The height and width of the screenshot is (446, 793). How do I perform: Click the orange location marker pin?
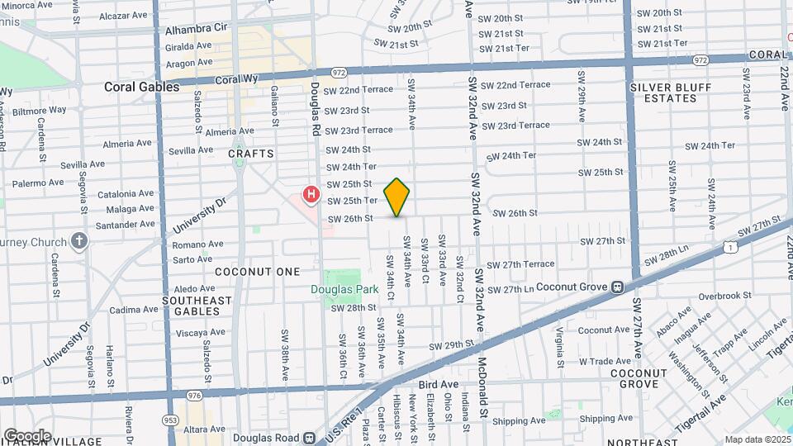pos(397,197)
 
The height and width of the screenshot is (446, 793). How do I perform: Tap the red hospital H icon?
pos(311,195)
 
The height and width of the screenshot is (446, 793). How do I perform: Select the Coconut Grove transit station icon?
pos(616,287)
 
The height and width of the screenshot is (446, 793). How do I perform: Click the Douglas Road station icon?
pos(308,438)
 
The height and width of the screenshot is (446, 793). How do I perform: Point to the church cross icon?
pos(78,241)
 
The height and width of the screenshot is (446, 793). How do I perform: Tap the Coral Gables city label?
pos(141,87)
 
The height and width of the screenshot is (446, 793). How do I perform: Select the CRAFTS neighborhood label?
pos(251,154)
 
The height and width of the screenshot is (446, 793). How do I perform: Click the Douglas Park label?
pos(344,289)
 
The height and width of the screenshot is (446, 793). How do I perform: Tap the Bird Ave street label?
pos(438,385)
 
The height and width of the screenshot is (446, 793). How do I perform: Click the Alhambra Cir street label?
pos(197,27)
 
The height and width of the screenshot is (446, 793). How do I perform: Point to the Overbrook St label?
pos(722,296)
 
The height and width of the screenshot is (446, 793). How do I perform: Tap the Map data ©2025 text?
pos(757,439)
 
